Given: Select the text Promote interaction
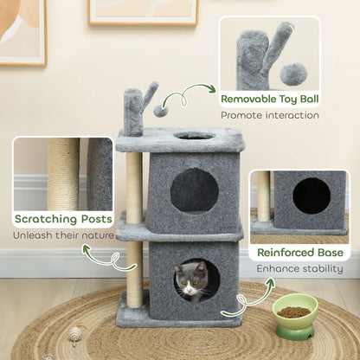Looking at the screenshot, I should coord(269,115).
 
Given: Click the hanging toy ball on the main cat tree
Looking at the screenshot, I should coord(160,110).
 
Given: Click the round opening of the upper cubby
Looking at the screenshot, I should coord(194,190).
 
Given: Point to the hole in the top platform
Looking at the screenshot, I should coord(195,136).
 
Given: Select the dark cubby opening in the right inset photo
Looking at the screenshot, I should coord(311,197).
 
